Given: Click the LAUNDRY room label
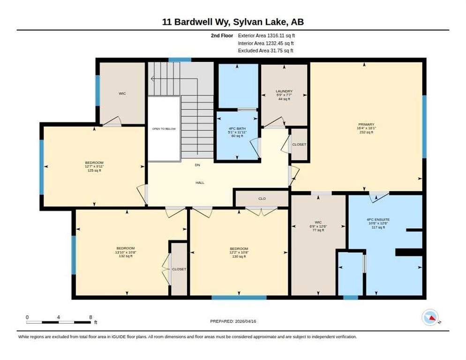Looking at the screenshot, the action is (x=284, y=91).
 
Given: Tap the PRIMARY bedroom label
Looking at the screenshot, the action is (x=366, y=124).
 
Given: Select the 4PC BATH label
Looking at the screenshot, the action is (x=237, y=128).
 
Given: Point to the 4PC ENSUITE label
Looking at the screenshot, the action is (x=378, y=220).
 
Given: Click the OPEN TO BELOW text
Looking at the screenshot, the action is (x=164, y=129).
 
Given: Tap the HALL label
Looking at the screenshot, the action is (x=200, y=182).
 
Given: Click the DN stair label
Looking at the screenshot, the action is (x=197, y=165).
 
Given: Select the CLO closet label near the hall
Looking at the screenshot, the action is (x=262, y=198).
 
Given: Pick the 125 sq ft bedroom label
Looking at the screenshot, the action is (x=94, y=170).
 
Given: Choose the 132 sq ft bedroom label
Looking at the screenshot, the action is (x=126, y=256).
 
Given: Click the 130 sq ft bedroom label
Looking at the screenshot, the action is (x=239, y=256).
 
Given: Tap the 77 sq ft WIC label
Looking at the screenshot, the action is (x=318, y=230).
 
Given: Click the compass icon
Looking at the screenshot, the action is (x=430, y=317).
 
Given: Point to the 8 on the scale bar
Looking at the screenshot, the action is (x=90, y=317).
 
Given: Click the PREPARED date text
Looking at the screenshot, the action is (x=233, y=321).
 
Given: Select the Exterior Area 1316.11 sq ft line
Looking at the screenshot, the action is (x=266, y=35).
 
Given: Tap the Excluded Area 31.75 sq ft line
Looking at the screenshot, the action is (x=266, y=51).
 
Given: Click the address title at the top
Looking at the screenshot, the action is (x=233, y=22).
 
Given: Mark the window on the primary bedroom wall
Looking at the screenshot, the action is (x=424, y=127).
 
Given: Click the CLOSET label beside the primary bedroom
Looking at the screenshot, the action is (x=299, y=144).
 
